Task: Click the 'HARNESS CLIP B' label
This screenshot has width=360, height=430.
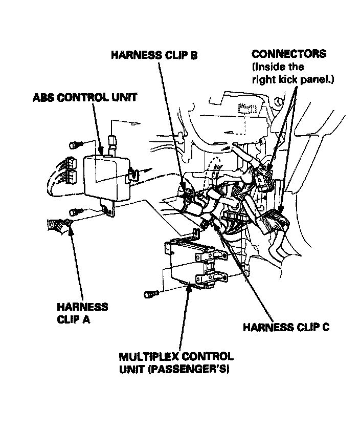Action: click(x=154, y=55)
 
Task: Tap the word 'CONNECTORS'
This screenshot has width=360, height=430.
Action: click(x=288, y=54)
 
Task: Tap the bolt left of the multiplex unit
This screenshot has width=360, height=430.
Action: click(x=150, y=294)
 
